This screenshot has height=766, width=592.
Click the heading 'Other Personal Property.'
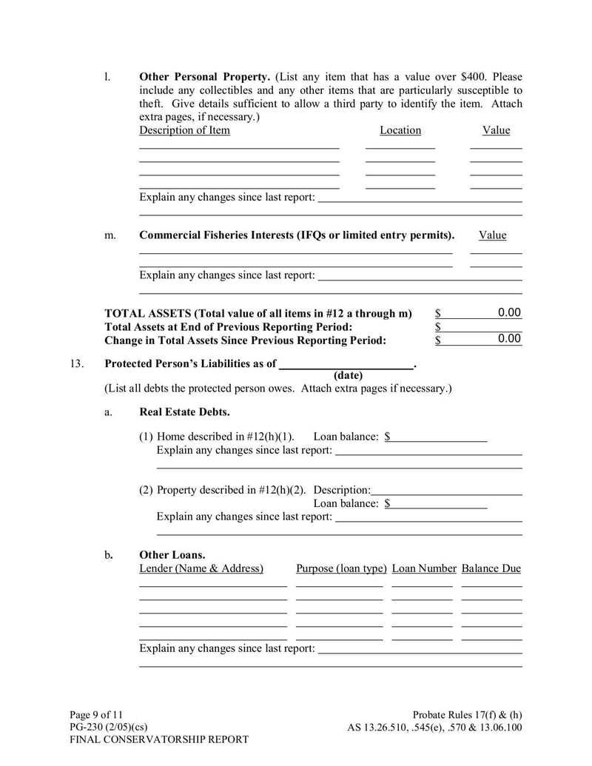[205, 77]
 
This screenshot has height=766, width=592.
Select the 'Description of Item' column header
[184, 130]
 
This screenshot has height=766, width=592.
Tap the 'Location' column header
[400, 130]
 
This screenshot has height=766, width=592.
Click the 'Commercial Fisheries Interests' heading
[297, 235]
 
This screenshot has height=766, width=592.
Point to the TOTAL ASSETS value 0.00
[509, 313]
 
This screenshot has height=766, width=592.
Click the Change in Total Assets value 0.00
[509, 339]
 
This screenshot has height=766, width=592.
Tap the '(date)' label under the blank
[348, 375]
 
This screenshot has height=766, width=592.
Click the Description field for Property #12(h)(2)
[447, 490]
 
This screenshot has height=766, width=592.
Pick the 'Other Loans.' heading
[172, 555]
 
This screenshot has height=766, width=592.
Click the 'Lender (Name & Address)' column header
[201, 568]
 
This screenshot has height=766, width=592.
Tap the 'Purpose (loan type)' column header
[341, 568]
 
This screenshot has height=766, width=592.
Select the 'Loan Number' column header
[424, 568]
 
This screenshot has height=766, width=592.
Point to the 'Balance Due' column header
[491, 568]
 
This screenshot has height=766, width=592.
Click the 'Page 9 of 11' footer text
[97, 714]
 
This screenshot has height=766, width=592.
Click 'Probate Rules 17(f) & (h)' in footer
[467, 714]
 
